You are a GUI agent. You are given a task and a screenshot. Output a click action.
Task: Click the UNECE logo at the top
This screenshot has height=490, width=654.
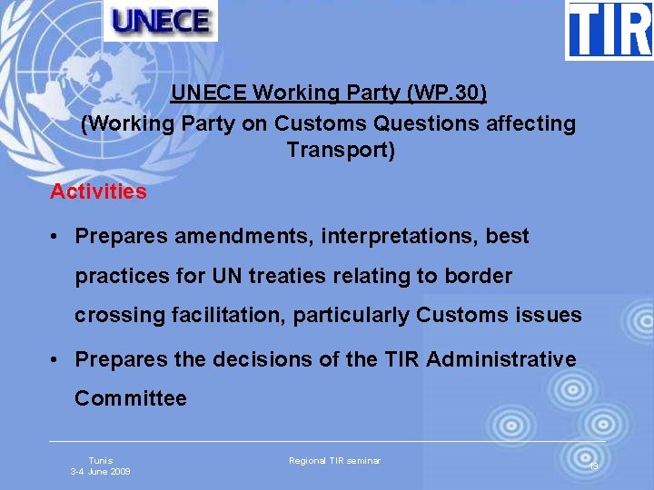point(161,20)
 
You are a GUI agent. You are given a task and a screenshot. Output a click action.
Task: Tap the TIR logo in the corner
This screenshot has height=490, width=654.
point(609,29)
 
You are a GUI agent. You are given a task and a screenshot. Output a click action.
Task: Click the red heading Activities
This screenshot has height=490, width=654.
point(98,191)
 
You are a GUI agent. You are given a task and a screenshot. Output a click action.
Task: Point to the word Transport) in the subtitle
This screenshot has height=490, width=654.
point(341,150)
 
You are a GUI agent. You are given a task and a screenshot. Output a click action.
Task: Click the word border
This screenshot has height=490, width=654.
point(479,276)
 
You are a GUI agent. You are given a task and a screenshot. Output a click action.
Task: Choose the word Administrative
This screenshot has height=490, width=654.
point(500,359)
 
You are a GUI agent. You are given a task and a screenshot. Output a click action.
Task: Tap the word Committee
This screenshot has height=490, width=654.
point(131,398)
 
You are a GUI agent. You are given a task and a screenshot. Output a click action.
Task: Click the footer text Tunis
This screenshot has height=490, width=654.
point(101,461)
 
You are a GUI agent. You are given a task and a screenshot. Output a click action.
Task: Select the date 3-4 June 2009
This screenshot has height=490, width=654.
point(101,472)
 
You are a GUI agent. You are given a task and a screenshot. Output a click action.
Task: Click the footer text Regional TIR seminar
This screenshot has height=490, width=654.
point(334,461)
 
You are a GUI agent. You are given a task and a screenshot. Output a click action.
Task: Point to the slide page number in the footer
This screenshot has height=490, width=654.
point(593,465)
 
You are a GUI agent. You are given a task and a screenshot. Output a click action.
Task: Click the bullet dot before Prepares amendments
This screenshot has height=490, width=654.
point(55,237)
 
